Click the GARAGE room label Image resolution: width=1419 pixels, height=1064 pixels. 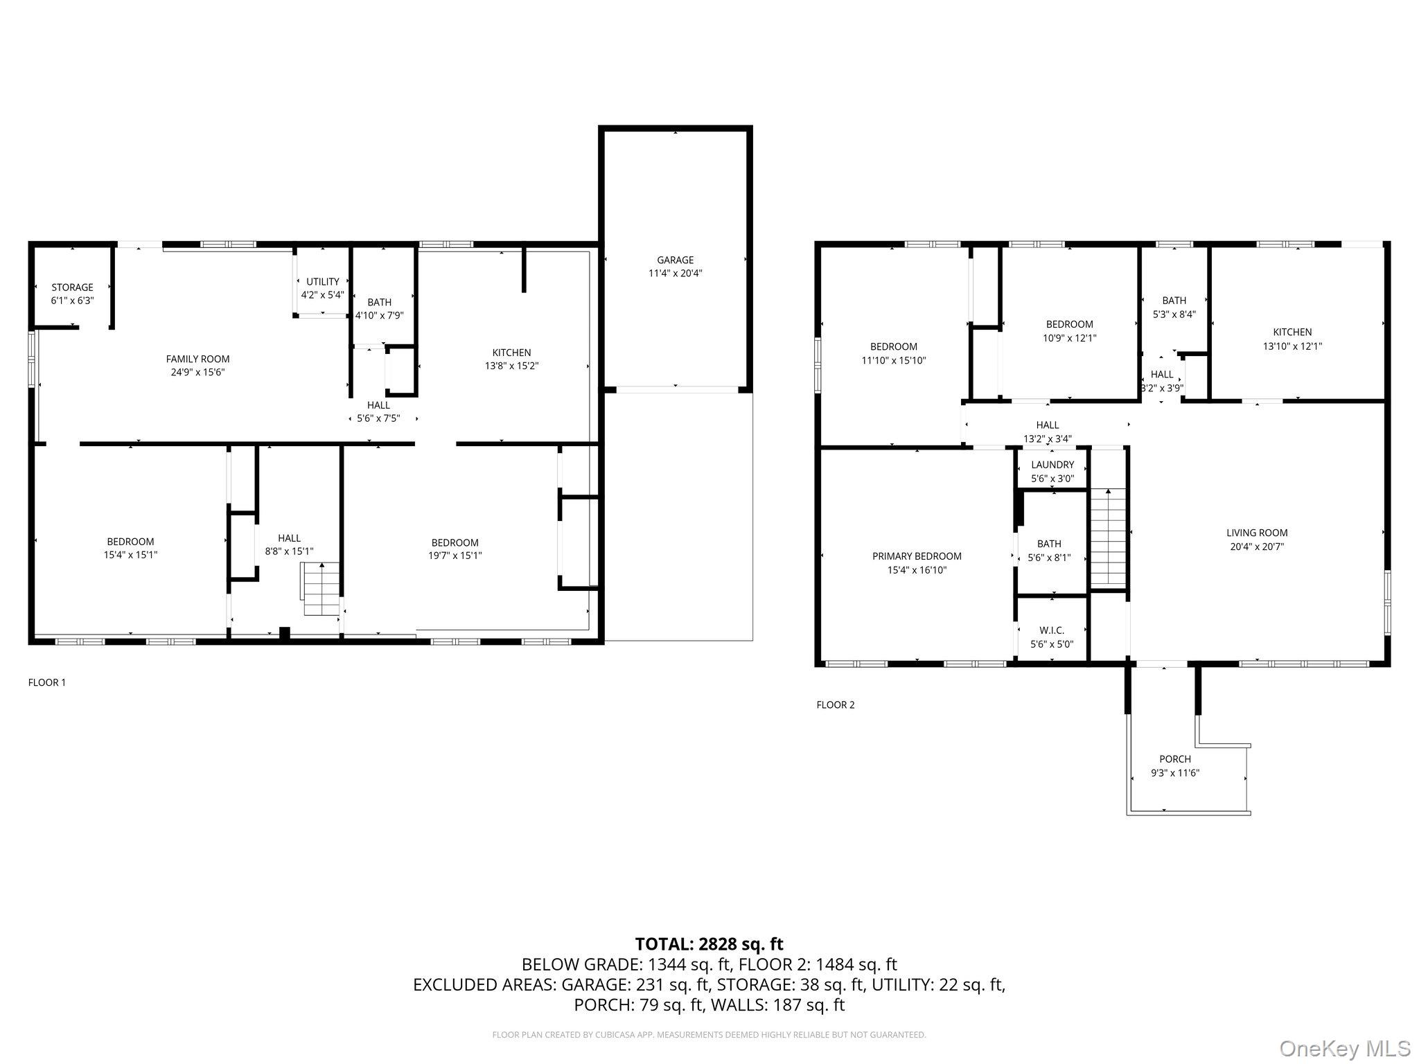[675, 260]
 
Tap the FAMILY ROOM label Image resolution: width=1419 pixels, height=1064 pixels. [197, 359]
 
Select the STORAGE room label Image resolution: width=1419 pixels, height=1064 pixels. [72, 287]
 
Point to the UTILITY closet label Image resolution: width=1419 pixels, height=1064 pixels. [323, 282]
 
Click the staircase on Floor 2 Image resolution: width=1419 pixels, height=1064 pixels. [1108, 537]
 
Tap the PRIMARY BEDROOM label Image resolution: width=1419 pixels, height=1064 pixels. [917, 556]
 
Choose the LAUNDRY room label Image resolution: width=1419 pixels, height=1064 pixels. [1052, 465]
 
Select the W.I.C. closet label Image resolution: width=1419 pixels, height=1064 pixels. [1052, 630]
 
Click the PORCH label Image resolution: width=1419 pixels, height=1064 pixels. [1175, 759]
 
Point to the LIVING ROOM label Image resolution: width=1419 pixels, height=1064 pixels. [1257, 533]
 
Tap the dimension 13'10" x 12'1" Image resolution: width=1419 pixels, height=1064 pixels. [1292, 346]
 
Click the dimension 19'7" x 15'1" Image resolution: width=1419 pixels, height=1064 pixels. [455, 556]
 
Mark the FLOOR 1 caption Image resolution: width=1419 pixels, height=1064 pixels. [47, 682]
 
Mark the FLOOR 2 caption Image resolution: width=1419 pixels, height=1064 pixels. [836, 705]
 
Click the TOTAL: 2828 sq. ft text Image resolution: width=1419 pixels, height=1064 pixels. [709, 944]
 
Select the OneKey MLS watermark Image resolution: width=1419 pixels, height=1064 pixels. [1344, 1048]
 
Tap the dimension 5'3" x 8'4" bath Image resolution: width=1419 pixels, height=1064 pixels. [1174, 314]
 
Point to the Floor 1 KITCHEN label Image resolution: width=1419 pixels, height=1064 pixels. [511, 353]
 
